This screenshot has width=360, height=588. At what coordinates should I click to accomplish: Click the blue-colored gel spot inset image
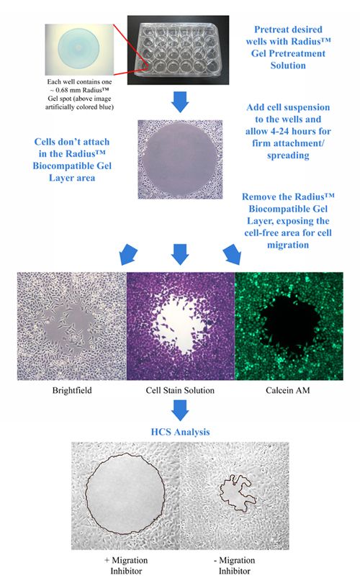point(79,50)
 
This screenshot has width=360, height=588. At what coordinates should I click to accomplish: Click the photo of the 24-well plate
point(178,50)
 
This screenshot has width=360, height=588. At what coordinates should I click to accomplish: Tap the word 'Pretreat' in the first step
point(272,30)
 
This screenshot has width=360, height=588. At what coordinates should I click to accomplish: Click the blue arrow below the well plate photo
point(180,101)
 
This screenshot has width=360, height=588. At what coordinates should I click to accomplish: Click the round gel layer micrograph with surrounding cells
point(180,159)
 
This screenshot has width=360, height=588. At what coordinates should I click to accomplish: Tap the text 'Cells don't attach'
point(72,142)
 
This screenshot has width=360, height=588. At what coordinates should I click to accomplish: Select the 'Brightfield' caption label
point(72,390)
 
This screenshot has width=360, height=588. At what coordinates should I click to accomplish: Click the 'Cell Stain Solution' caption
point(180,390)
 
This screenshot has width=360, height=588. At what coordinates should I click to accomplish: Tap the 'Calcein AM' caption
point(287,390)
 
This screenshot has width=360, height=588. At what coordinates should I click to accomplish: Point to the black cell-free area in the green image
point(289,323)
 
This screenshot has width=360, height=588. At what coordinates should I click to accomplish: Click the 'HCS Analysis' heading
point(180,432)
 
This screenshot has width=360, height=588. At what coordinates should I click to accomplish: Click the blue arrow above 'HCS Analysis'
point(180,410)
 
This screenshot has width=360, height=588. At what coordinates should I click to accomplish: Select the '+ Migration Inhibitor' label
point(126,566)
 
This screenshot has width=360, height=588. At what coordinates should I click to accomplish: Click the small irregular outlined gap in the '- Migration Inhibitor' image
point(238,493)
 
